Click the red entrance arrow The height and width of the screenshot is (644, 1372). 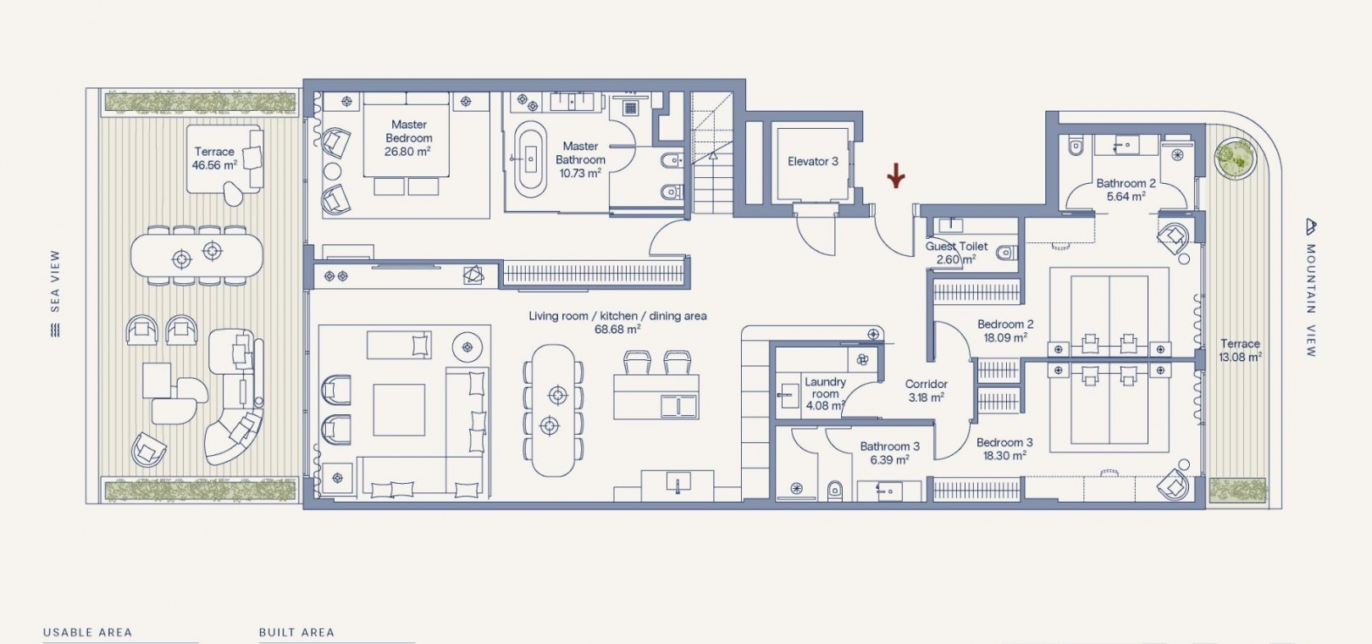tap(896, 175)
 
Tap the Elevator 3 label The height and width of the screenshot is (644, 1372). tap(813, 161)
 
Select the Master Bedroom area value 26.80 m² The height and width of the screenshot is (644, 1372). tap(407, 152)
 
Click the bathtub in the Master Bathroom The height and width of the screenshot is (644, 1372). tap(530, 159)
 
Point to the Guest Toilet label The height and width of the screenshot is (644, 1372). tap(956, 247)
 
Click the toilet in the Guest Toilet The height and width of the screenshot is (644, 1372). tap(1006, 253)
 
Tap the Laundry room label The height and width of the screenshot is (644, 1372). tap(825, 387)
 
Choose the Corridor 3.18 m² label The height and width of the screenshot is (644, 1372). tap(927, 391)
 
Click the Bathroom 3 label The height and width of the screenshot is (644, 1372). tap(889, 447)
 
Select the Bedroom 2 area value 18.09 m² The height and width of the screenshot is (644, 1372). tap(1005, 337)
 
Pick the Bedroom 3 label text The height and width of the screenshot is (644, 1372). tap(1004, 442)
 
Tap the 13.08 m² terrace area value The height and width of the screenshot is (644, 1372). tap(1241, 357)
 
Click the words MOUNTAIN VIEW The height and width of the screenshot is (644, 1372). tap(1310, 300)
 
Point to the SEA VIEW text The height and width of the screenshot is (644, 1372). tap(55, 281)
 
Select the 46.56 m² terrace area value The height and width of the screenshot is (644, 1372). tap(214, 165)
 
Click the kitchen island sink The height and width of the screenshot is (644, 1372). tap(678, 406)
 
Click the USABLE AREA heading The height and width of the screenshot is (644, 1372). tap(87, 632)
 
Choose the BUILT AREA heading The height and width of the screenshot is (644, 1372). tap(296, 632)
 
